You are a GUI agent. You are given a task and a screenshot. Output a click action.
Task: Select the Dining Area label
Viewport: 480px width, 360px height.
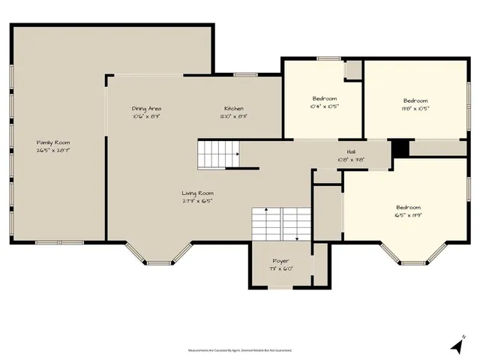pyautogui.click(x=147, y=109)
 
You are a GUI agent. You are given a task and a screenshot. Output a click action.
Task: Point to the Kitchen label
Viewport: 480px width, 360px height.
pyautogui.click(x=234, y=109)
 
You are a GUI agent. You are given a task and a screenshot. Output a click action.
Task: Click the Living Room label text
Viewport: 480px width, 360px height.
pyautogui.click(x=198, y=193)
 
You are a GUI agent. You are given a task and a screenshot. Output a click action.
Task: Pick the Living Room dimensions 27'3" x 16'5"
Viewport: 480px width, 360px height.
pyautogui.click(x=198, y=201)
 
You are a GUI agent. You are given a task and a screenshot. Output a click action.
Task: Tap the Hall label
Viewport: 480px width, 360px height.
pyautogui.click(x=350, y=151)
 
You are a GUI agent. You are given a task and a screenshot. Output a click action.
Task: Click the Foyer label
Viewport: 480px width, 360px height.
pyautogui.click(x=280, y=261)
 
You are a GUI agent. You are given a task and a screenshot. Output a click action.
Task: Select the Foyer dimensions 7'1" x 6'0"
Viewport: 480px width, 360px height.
pyautogui.click(x=280, y=268)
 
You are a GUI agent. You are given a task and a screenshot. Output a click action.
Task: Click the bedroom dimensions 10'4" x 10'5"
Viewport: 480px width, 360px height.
pyautogui.click(x=325, y=106)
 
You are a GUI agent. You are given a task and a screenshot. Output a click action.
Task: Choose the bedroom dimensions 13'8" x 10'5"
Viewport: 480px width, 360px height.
pyautogui.click(x=415, y=108)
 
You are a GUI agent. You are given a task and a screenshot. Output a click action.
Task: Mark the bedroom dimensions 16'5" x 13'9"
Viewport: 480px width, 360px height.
pyautogui.click(x=409, y=215)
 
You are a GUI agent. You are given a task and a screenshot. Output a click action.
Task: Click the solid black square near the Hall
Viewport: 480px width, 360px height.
pyautogui.click(x=400, y=148)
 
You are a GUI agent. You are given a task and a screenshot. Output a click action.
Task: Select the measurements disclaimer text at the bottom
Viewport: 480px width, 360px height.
pyautogui.click(x=240, y=349)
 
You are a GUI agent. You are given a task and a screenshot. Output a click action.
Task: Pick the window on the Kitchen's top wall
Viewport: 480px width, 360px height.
pyautogui.click(x=245, y=74)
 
